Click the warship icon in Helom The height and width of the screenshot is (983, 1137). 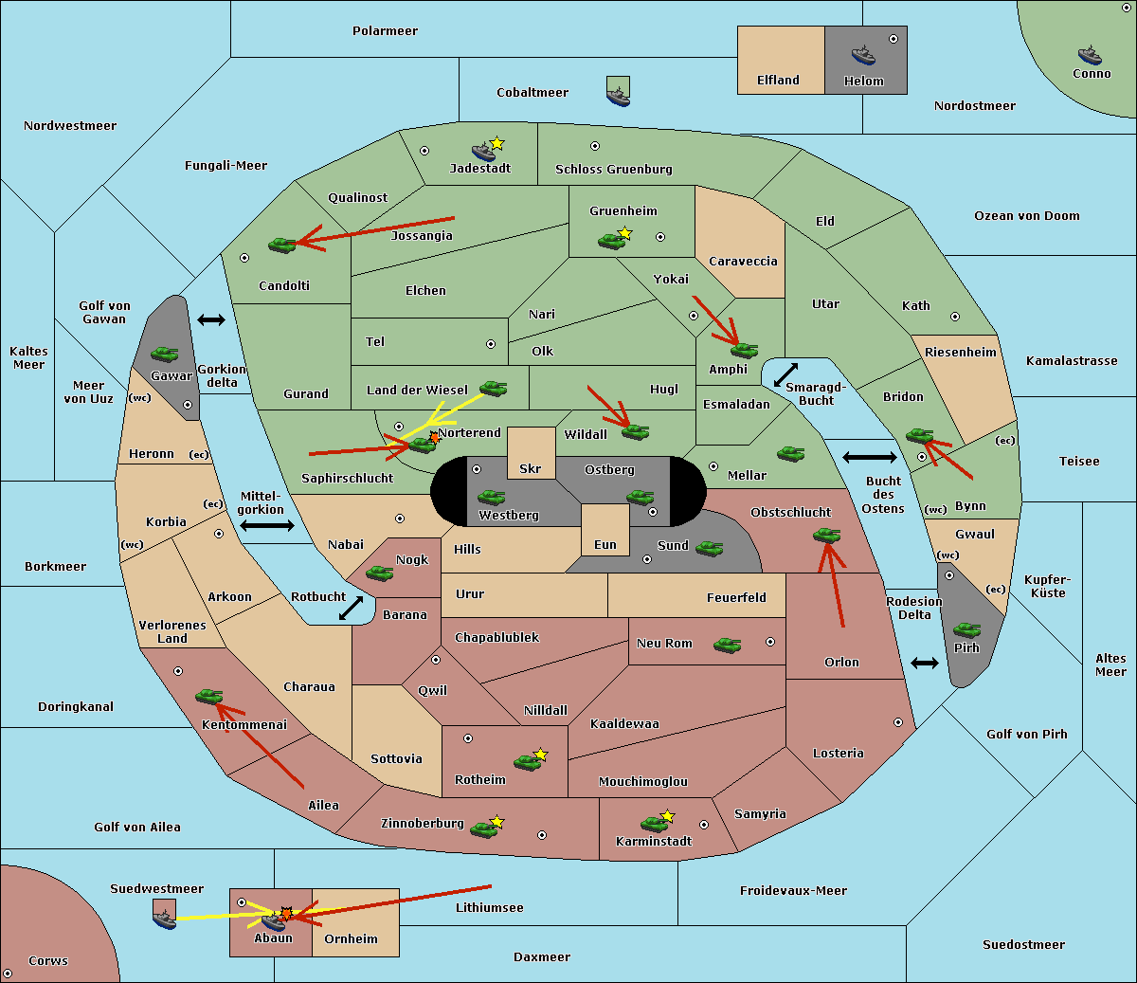[x=863, y=56]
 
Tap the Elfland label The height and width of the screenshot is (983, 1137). [x=778, y=81]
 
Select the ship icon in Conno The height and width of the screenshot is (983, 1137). [x=1090, y=56]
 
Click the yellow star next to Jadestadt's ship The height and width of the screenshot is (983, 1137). [x=496, y=144]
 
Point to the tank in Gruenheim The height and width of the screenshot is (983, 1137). [x=611, y=241]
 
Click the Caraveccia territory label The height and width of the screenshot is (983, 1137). [x=743, y=261]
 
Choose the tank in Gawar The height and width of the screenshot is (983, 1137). [x=165, y=354]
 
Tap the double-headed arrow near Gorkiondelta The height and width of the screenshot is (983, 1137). [x=211, y=319]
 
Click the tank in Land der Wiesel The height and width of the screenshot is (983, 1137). [x=493, y=389]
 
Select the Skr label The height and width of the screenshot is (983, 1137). [x=531, y=468]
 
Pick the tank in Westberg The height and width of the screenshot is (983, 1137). [x=491, y=498]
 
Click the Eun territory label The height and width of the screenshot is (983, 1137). [x=605, y=544]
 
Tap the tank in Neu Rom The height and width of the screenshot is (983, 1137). [x=727, y=645]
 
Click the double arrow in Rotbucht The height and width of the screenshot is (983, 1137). [x=351, y=609]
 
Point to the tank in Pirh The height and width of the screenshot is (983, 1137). [x=966, y=629]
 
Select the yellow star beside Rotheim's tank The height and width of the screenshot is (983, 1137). [x=541, y=755]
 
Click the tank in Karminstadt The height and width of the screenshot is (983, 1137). [x=654, y=824]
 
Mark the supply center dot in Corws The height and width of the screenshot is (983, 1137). [x=8, y=974]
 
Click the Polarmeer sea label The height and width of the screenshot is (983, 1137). [x=385, y=31]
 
